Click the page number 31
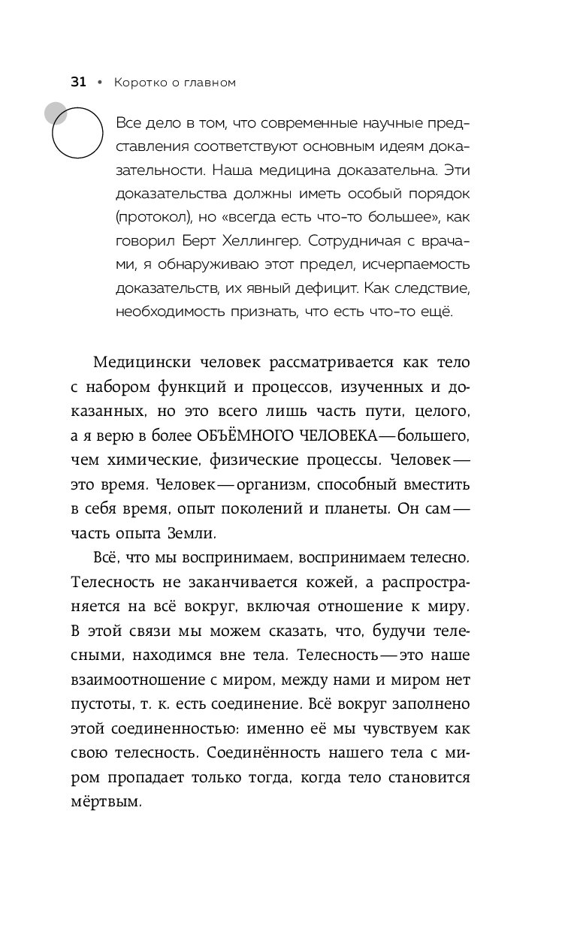(78, 83)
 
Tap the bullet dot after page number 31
(100, 83)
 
